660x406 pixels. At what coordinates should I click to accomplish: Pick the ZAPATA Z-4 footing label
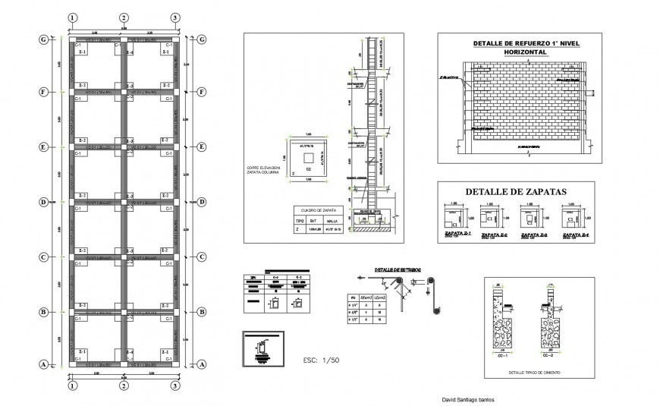[x=574, y=234]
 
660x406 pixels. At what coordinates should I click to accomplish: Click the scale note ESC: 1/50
[x=320, y=359]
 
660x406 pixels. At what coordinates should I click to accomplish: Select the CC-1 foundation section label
[x=499, y=354]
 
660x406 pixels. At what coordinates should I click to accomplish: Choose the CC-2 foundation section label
[x=548, y=354]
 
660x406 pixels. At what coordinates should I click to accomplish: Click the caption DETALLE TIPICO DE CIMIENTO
[x=523, y=373]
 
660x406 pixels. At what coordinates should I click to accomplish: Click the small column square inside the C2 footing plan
[x=307, y=156]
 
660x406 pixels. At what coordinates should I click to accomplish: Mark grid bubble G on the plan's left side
[x=44, y=39]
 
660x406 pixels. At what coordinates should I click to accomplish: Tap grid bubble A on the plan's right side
[x=202, y=365]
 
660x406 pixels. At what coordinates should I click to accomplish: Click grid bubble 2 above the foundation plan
[x=123, y=17]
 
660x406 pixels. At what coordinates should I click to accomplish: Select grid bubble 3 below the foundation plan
[x=174, y=386]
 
